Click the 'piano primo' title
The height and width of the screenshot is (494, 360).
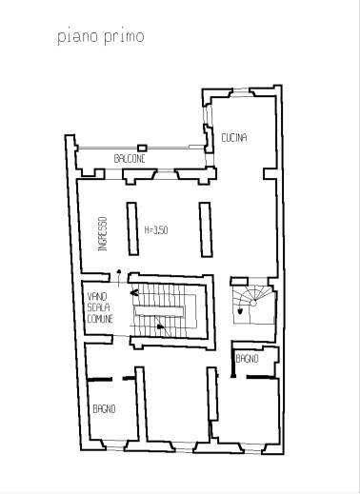pyautogui.click(x=101, y=37)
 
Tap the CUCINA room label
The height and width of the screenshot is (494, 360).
pyautogui.click(x=234, y=138)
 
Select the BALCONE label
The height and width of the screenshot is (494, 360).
pyautogui.click(x=130, y=159)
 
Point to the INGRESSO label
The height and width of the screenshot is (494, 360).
pyautogui.click(x=103, y=234)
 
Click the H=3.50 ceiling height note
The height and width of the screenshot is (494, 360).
pyautogui.click(x=156, y=230)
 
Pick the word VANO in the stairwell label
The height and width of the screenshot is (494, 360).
pyautogui.click(x=97, y=297)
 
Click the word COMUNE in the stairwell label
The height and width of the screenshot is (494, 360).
pyautogui.click(x=100, y=319)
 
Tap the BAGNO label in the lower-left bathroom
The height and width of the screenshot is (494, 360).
pyautogui.click(x=104, y=409)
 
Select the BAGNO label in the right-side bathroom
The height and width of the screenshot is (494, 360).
pyautogui.click(x=247, y=359)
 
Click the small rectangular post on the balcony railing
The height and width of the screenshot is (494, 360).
pyautogui.click(x=142, y=148)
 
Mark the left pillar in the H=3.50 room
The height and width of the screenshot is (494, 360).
pyautogui.click(x=132, y=228)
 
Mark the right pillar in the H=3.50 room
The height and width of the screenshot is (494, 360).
pyautogui.click(x=206, y=229)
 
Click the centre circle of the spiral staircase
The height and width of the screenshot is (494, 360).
pyautogui.click(x=253, y=304)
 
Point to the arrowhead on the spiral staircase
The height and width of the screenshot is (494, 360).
pyautogui.click(x=240, y=311)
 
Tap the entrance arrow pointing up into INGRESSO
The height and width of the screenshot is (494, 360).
pyautogui.click(x=119, y=278)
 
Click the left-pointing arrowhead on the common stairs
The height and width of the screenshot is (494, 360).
pyautogui.click(x=134, y=293)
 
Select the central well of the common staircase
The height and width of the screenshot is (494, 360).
pyautogui.click(x=159, y=311)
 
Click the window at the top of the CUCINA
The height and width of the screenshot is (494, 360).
pyautogui.click(x=241, y=92)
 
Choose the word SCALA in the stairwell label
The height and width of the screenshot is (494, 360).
pyautogui.click(x=98, y=307)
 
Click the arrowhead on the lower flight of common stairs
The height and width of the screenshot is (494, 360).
pyautogui.click(x=161, y=326)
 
